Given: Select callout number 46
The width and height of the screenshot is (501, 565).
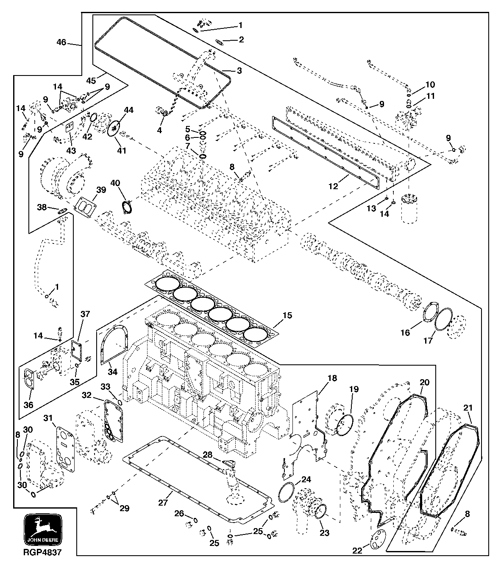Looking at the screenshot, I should [x=61, y=42].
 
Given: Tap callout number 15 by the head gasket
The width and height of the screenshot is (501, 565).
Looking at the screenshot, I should [x=287, y=316].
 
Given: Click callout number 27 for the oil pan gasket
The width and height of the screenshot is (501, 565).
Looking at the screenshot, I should [x=163, y=502].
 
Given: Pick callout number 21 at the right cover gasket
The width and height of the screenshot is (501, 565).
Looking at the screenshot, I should [x=468, y=408].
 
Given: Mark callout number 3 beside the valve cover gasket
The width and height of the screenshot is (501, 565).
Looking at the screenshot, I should [x=239, y=71].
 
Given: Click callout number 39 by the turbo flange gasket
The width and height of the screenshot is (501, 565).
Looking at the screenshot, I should [x=100, y=190].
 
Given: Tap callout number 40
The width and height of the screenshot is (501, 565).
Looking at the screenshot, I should [x=115, y=182].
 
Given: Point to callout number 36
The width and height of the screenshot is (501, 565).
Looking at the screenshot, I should [x=28, y=405].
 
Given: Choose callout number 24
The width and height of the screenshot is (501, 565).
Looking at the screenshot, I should [x=306, y=480].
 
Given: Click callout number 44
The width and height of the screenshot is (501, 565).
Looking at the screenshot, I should [x=128, y=110].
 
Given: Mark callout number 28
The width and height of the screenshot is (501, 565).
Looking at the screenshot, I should [x=207, y=455].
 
